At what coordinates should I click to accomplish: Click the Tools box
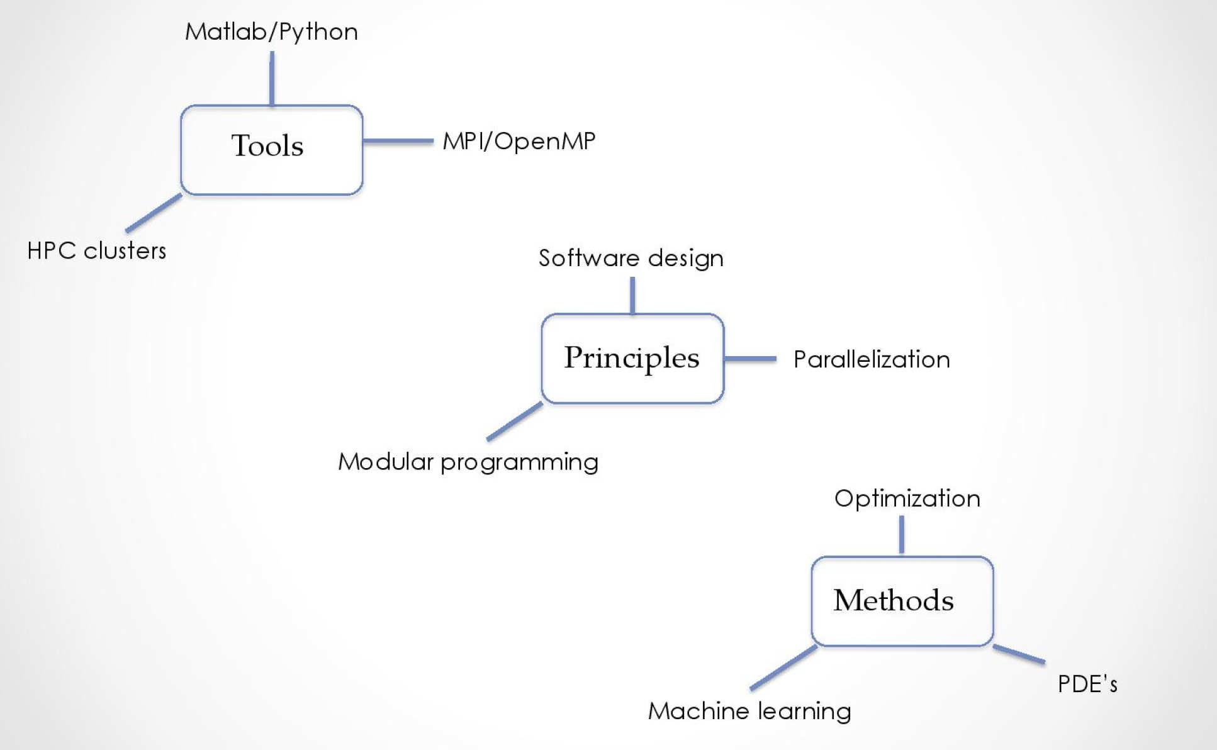click(x=271, y=150)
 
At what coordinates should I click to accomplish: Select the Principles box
click(x=632, y=358)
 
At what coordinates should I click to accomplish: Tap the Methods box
click(x=902, y=601)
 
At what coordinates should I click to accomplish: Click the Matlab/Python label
click(x=271, y=31)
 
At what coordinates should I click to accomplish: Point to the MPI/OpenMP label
click(x=519, y=141)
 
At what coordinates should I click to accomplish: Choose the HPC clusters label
click(x=97, y=250)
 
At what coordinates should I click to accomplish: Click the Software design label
click(x=631, y=258)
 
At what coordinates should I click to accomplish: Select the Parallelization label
click(x=872, y=359)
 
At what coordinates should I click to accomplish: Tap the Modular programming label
click(x=468, y=462)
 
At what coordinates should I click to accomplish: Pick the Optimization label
click(x=907, y=498)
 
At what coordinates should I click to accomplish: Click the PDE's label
click(x=1087, y=684)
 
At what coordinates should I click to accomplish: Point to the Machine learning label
click(x=749, y=711)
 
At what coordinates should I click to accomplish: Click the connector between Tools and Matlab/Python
click(x=272, y=79)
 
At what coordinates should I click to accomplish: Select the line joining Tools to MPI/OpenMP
click(x=398, y=141)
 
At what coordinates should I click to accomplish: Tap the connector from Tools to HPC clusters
click(x=154, y=213)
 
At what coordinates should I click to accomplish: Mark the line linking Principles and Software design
click(x=632, y=295)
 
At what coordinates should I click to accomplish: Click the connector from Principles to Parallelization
click(x=749, y=359)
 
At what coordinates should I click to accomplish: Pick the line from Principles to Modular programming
click(x=515, y=421)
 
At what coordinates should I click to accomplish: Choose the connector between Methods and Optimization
click(x=902, y=535)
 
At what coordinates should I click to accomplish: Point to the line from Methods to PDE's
click(x=1019, y=654)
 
